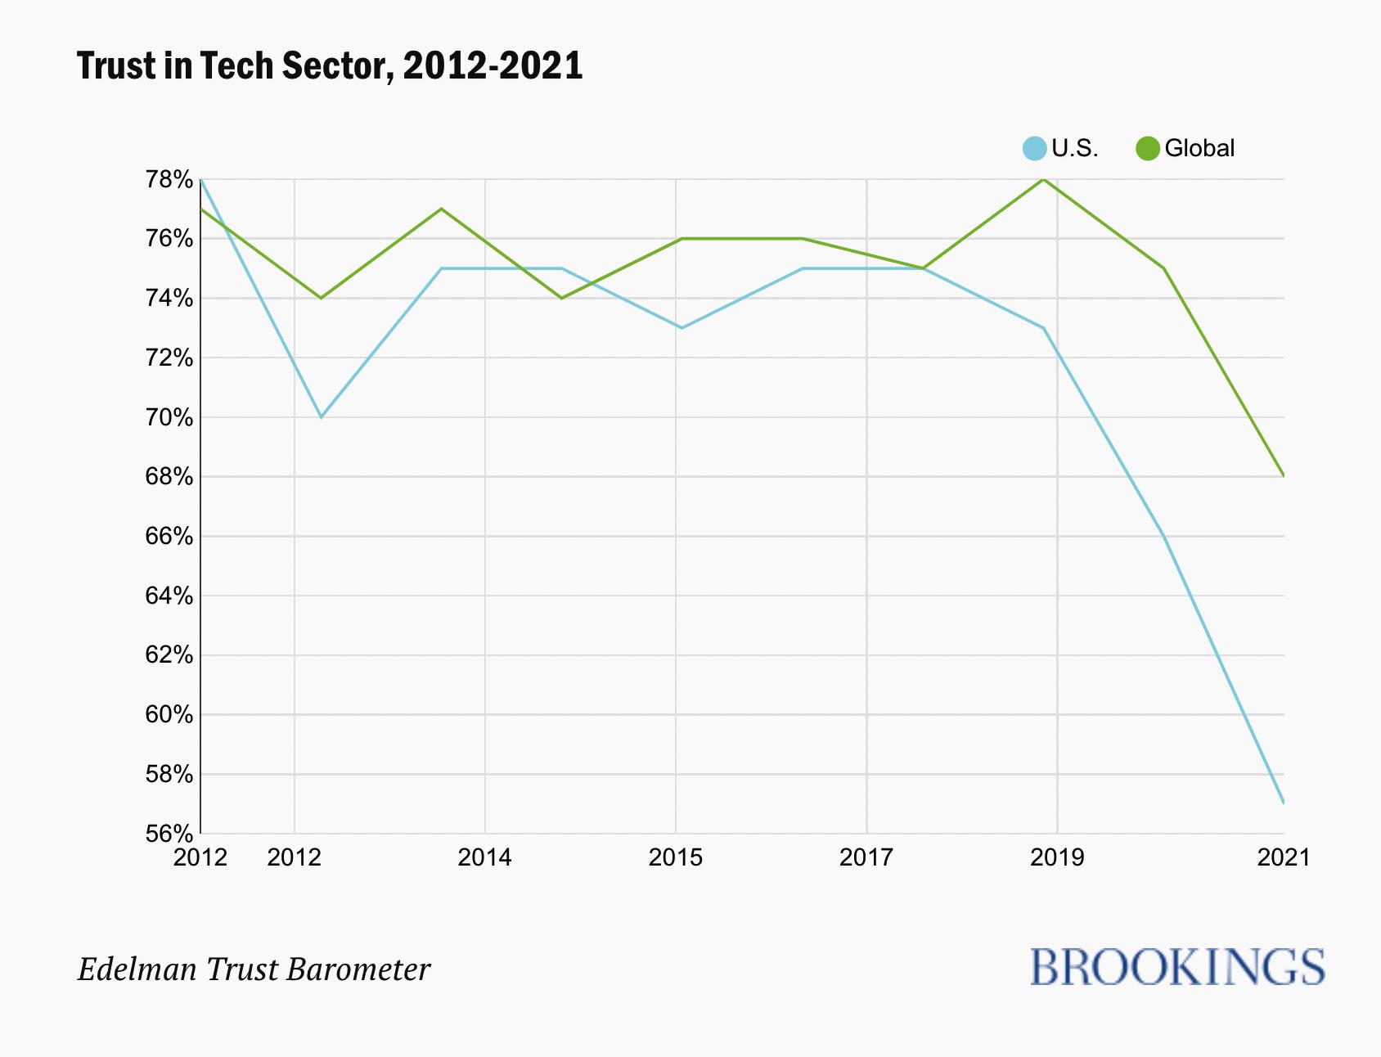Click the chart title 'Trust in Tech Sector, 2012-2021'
pyautogui.click(x=330, y=65)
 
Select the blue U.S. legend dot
pyautogui.click(x=1035, y=149)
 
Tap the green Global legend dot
pyautogui.click(x=1148, y=149)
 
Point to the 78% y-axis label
pyautogui.click(x=169, y=179)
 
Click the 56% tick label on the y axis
pyautogui.click(x=169, y=834)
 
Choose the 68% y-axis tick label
pyautogui.click(x=169, y=477)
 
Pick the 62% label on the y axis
pyautogui.click(x=169, y=655)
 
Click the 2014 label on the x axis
pyautogui.click(x=485, y=857)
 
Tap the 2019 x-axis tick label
pyautogui.click(x=1057, y=857)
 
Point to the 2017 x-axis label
pyautogui.click(x=866, y=857)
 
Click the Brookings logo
pyautogui.click(x=1177, y=967)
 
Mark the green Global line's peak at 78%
pyautogui.click(x=1043, y=179)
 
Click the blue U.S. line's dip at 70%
pyautogui.click(x=322, y=417)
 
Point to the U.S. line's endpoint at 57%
pyautogui.click(x=1283, y=803)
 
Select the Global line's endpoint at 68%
pyautogui.click(x=1283, y=475)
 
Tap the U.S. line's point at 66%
pyautogui.click(x=1163, y=536)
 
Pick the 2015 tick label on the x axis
pyautogui.click(x=676, y=857)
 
